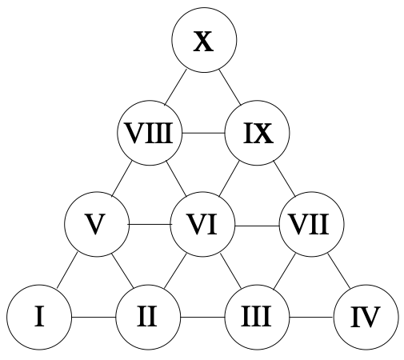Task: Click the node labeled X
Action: tap(204, 40)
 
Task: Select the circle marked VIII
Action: tap(150, 133)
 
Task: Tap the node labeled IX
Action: tap(257, 133)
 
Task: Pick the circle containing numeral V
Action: tap(97, 224)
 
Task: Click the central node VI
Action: tap(202, 224)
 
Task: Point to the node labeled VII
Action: tap(311, 224)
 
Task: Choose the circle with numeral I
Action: tap(39, 317)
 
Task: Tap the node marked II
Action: tap(148, 317)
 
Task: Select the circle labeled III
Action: tap(257, 317)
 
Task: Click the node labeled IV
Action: tap(366, 317)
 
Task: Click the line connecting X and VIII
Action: tap(175, 87)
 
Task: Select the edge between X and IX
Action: tap(230, 87)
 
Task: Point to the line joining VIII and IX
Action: tap(203, 133)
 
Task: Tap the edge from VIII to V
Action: tap(122, 179)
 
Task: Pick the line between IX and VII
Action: tap(284, 179)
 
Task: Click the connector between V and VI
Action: tap(150, 225)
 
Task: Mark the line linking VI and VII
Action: tap(257, 226)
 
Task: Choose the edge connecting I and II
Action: tap(94, 317)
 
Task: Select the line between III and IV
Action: tap(311, 317)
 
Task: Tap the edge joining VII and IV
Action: tap(339, 271)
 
